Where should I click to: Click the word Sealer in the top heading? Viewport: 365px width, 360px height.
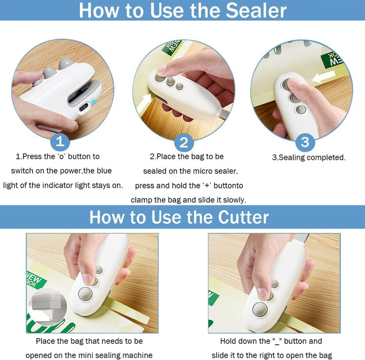coord(256,11)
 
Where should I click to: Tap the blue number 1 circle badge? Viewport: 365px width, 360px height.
coord(60,141)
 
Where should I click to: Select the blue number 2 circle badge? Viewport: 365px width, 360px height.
coord(184,142)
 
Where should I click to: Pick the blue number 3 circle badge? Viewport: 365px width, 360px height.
coord(305,142)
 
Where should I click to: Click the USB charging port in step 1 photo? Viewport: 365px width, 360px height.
coord(83,108)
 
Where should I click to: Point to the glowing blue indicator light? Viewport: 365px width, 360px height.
coord(94,102)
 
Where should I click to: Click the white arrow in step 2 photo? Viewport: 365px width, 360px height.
coord(144,102)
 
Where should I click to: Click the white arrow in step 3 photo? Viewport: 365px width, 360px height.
coord(323,77)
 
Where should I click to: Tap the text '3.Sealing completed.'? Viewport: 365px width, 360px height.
coord(309,157)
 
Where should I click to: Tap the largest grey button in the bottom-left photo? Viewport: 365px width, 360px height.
coord(85,294)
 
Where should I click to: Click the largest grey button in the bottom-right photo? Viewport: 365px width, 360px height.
coord(260,309)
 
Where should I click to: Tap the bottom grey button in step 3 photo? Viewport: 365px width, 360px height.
coord(301,109)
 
